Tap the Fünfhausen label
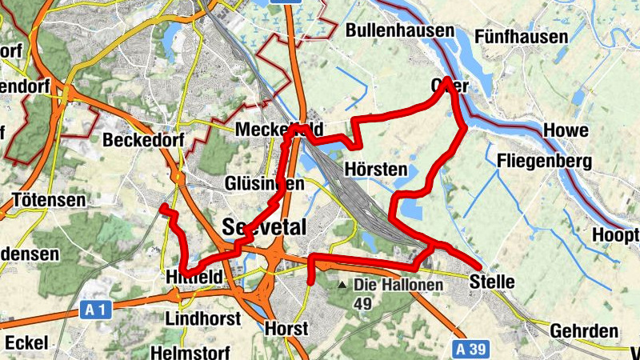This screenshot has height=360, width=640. coord(521,37)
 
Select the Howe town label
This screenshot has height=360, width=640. coord(566,130)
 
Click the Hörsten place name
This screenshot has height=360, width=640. coord(375,170)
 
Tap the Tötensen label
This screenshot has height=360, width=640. coord(50,200)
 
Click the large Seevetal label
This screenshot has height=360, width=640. coord(265,226)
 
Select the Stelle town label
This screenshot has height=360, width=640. coord(492,282)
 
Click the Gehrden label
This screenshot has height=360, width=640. coord(585,331)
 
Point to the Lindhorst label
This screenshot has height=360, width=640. coord(202,318)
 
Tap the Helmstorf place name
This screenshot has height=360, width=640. coord(190,352)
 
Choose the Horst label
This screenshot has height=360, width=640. coord(286,329)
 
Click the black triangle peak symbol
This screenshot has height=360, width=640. coord(342,285)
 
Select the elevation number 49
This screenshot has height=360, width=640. coord(363,304)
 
